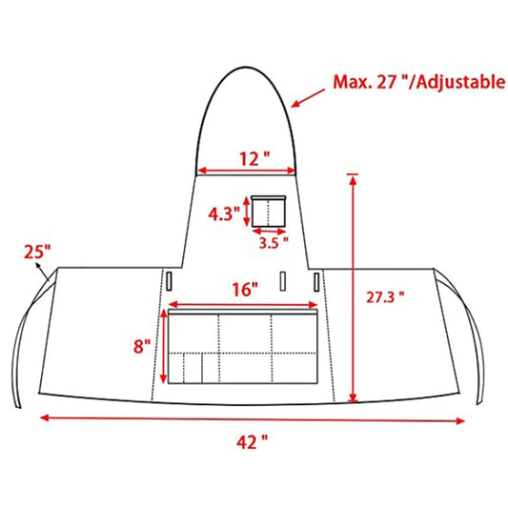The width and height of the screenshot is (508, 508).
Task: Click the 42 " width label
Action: click(x=252, y=442)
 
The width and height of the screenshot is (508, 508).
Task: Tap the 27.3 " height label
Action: click(x=385, y=297)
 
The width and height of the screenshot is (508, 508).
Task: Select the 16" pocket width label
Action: click(x=245, y=290)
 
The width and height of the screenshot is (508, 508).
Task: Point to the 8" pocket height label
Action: click(x=142, y=346)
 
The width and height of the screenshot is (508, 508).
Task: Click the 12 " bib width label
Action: click(x=254, y=159)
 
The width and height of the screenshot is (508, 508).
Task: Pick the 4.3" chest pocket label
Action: click(x=224, y=213)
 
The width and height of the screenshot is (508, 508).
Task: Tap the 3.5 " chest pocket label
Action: click(x=274, y=243)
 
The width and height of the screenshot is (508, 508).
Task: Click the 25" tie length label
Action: click(x=37, y=252)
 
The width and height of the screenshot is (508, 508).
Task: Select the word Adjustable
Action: click(x=460, y=82)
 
